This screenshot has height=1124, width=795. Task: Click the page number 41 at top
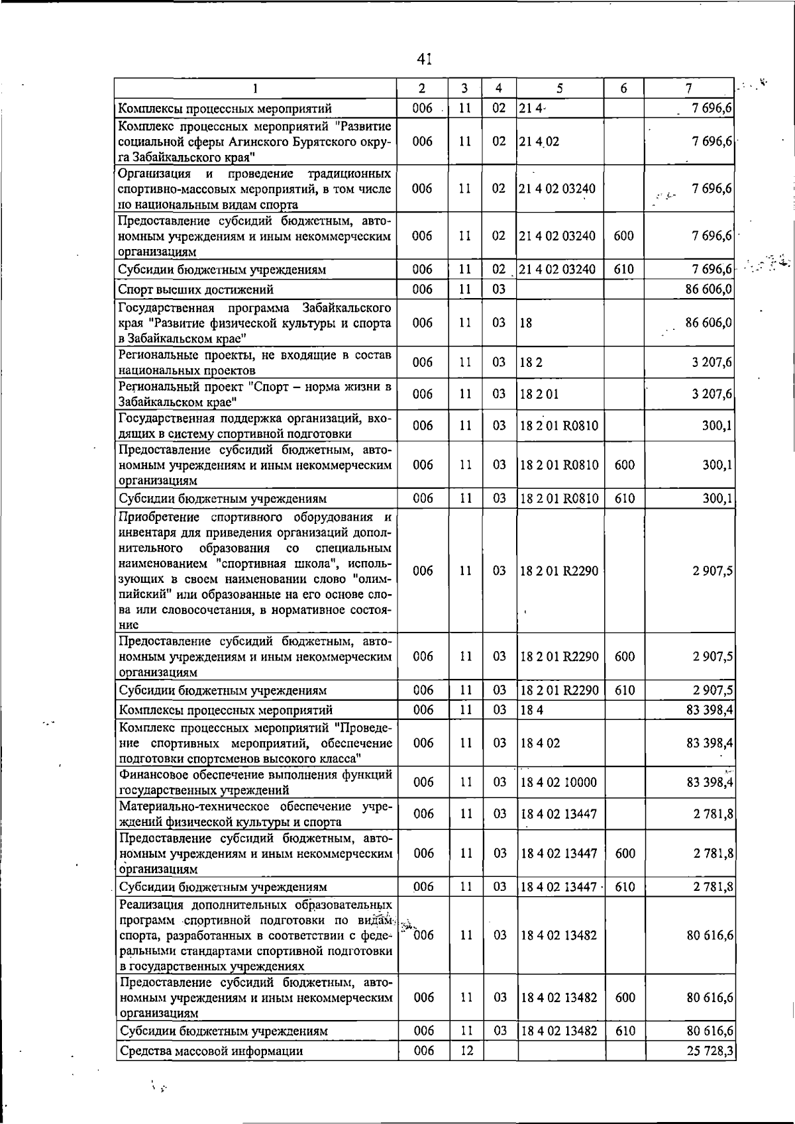(425, 60)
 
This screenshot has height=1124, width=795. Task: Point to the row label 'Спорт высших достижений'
(195, 289)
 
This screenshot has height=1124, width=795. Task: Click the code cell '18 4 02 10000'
(558, 782)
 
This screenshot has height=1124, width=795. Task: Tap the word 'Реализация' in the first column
(152, 905)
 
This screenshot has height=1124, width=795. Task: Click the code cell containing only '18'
(527, 323)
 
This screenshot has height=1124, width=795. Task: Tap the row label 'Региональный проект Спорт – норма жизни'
(254, 394)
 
